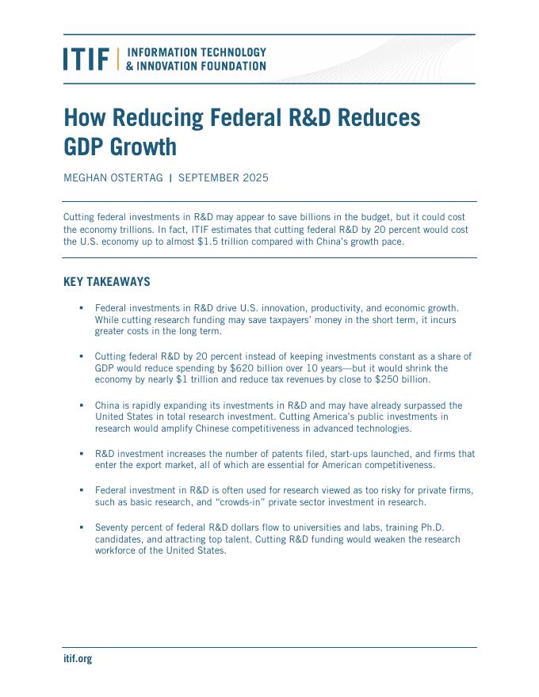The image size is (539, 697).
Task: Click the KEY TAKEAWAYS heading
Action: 106,282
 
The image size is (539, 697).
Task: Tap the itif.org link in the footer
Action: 78,658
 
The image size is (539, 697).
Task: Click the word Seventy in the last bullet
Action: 112,527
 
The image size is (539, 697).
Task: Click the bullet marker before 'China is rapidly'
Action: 81,405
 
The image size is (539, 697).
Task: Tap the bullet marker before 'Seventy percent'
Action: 81,527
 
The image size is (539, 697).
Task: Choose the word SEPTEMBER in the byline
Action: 210,177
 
